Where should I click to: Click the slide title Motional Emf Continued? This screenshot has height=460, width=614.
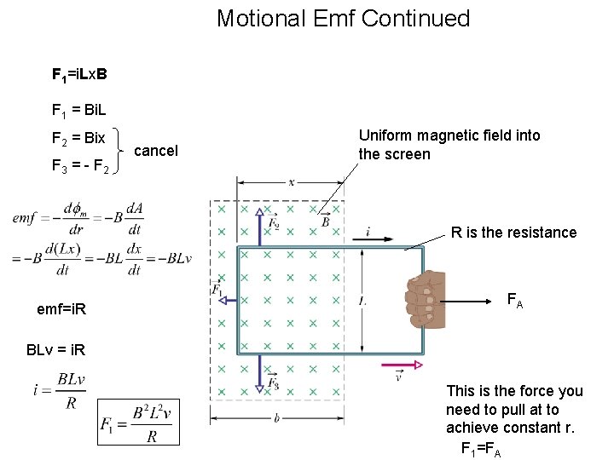coord(343,18)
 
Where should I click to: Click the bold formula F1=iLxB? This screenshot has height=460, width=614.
coord(79,74)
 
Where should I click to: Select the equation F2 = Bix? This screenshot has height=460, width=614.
coord(78,137)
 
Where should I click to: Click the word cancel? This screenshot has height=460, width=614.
coord(156,151)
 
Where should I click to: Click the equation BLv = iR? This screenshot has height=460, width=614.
coord(55,350)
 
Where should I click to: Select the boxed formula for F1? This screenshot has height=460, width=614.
coord(138,422)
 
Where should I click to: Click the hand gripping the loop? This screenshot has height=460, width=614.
coord(425,299)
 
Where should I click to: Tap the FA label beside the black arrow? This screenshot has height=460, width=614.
coord(515,300)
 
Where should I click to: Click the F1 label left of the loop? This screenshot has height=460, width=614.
coord(217,290)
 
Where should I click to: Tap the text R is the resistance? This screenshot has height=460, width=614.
coord(513,233)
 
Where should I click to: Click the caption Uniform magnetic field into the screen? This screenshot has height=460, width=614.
coord(449,145)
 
